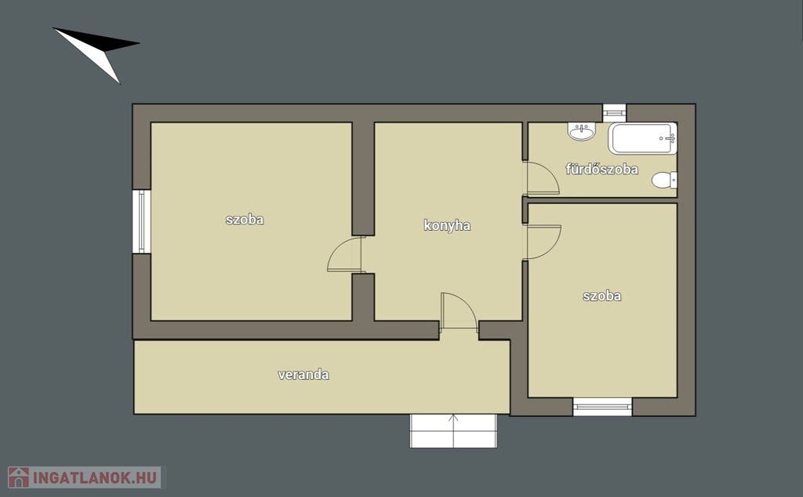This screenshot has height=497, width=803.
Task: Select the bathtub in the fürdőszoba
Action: (x=643, y=138)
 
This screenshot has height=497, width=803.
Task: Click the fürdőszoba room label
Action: (x=601, y=170)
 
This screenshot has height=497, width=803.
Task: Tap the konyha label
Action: (x=447, y=225)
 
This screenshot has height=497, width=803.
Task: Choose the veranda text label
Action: (x=303, y=375)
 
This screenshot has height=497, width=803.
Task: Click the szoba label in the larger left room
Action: (x=245, y=220)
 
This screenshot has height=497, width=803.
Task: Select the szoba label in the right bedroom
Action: (x=601, y=296)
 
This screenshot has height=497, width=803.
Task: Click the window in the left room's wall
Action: (x=142, y=221)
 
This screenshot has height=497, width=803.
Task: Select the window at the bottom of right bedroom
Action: (x=602, y=407)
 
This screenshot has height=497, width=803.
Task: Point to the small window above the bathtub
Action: (x=614, y=113)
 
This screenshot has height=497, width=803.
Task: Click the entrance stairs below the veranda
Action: (x=453, y=431)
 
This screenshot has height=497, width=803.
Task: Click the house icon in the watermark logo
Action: (x=19, y=477)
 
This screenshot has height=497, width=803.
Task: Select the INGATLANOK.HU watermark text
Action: (x=95, y=477)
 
